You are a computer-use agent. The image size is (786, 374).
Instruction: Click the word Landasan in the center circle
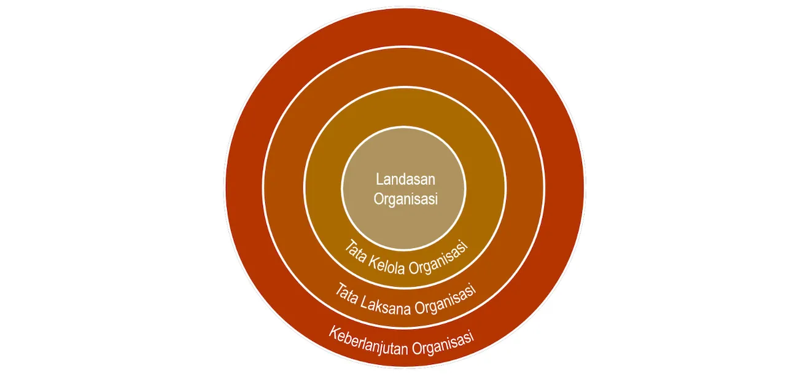405,179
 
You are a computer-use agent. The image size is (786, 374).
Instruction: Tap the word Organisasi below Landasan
406,199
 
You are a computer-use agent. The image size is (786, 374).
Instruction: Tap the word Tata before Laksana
346,294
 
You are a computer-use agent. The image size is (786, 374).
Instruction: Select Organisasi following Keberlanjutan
443,344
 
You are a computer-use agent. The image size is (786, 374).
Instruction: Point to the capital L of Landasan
379,179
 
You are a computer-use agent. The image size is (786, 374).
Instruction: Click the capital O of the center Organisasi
378,198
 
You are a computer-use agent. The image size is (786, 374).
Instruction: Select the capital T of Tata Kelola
349,246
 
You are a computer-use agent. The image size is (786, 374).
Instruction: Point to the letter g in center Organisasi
393,201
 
